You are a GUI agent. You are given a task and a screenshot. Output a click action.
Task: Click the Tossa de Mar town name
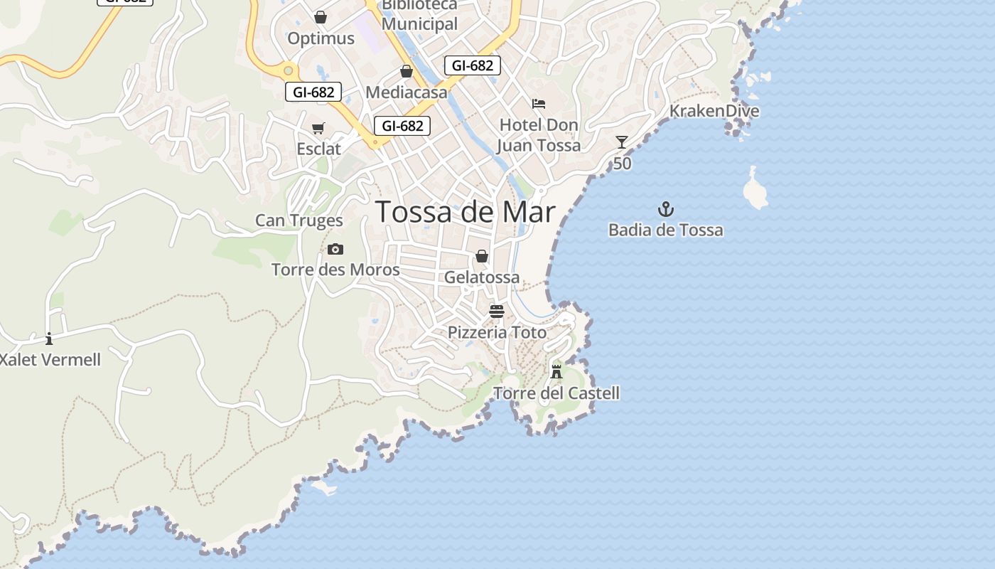coord(465,212)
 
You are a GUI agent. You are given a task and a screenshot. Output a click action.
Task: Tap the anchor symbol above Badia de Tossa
coord(665,209)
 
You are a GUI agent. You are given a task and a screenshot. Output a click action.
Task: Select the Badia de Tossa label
coord(665,230)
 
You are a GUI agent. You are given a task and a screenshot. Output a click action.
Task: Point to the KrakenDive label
coord(714,111)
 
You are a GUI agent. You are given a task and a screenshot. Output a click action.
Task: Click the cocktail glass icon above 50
coord(622,142)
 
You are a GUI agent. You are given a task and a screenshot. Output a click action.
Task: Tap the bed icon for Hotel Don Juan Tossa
coord(539,104)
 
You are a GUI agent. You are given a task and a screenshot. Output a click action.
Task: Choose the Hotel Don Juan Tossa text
coord(538,135)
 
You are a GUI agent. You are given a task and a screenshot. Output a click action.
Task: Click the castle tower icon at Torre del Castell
coord(556,371)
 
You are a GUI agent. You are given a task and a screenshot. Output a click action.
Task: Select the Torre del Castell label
coord(556,393)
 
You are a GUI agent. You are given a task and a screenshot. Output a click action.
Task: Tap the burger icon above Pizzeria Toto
coord(497,311)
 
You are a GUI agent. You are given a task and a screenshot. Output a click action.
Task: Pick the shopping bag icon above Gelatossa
coord(482,256)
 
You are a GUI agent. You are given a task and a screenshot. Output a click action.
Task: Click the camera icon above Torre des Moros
coord(335,249)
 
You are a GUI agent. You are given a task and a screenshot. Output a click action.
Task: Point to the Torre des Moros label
coord(335,270)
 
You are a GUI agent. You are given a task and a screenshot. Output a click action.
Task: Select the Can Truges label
coord(298,220)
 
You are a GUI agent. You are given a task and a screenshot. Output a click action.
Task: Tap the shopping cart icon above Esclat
coord(318,128)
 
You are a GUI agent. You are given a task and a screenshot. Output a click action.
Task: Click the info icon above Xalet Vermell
coord(49,339)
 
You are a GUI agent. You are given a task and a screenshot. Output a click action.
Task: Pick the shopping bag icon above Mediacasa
coord(407,71)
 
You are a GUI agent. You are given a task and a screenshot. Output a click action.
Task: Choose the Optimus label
coord(321,38)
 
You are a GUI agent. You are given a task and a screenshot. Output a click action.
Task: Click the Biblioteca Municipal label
coord(419,16)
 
